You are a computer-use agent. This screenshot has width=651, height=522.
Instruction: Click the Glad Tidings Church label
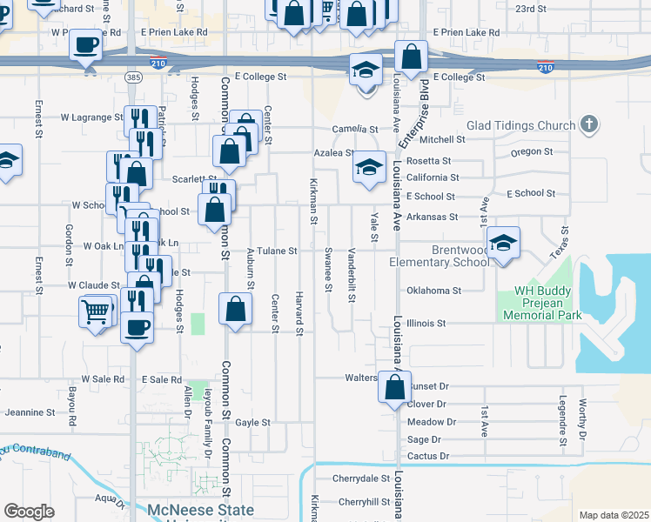(x=521, y=125)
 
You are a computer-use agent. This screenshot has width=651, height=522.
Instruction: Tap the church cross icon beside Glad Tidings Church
(x=589, y=124)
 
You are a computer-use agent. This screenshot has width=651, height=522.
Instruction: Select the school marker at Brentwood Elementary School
(x=502, y=243)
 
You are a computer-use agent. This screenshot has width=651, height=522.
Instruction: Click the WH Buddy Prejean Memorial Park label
(x=547, y=303)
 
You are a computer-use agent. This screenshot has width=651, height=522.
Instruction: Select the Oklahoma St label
(x=433, y=291)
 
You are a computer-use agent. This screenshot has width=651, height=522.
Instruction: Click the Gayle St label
(x=253, y=422)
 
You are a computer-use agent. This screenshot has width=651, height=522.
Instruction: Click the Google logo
(x=29, y=511)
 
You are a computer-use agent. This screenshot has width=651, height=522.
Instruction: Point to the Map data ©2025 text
(x=614, y=515)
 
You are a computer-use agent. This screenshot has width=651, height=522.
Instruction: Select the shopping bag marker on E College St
(x=411, y=57)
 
